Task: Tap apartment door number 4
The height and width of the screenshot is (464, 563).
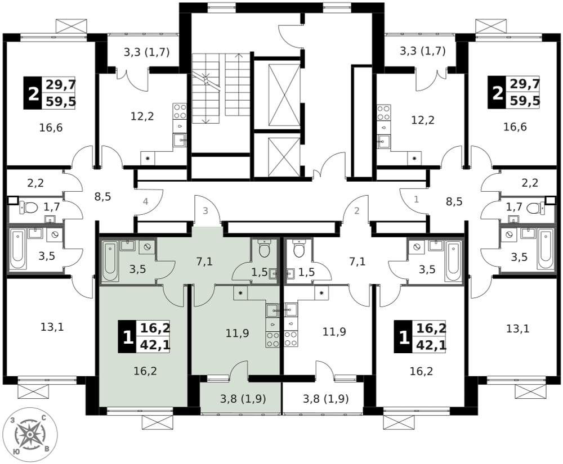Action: point(145,201)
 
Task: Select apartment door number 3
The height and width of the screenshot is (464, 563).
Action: point(205,211)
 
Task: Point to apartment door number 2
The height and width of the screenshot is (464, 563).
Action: point(356,211)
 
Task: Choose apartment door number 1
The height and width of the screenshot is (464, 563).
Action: point(417,199)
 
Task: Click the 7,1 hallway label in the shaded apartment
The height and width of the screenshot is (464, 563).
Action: point(204,262)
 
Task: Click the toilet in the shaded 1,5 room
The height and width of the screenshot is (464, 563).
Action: point(264,248)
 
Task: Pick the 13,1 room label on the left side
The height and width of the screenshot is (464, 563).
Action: point(52,327)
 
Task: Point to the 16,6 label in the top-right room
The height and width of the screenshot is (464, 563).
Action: point(515,127)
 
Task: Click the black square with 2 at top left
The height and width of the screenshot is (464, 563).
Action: point(33,93)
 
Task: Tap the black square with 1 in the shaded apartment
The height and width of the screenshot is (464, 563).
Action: point(127,337)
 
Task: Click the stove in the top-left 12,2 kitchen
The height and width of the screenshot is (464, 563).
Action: point(180,112)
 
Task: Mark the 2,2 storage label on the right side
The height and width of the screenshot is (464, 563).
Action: point(530,183)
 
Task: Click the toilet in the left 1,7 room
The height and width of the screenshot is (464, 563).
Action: point(29,208)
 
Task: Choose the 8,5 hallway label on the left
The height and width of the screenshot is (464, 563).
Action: point(102,197)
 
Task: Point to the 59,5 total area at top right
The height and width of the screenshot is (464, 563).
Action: point(525,101)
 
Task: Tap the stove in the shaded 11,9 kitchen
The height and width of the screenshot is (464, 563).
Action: point(272,339)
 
